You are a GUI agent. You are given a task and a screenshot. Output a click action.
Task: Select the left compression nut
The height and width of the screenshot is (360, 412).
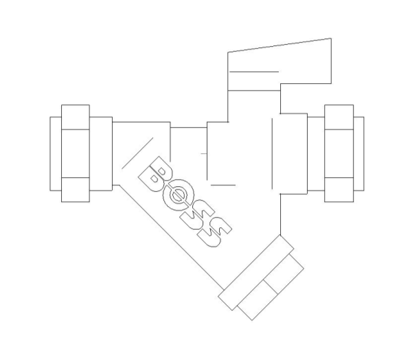(76, 153)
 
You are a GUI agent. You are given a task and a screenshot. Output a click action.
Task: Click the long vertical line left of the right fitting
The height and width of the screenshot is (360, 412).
(273, 153)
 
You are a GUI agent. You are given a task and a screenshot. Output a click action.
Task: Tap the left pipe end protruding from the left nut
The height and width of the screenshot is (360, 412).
(55, 153)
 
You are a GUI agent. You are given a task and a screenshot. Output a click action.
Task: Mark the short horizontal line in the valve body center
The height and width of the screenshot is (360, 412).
(222, 185)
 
